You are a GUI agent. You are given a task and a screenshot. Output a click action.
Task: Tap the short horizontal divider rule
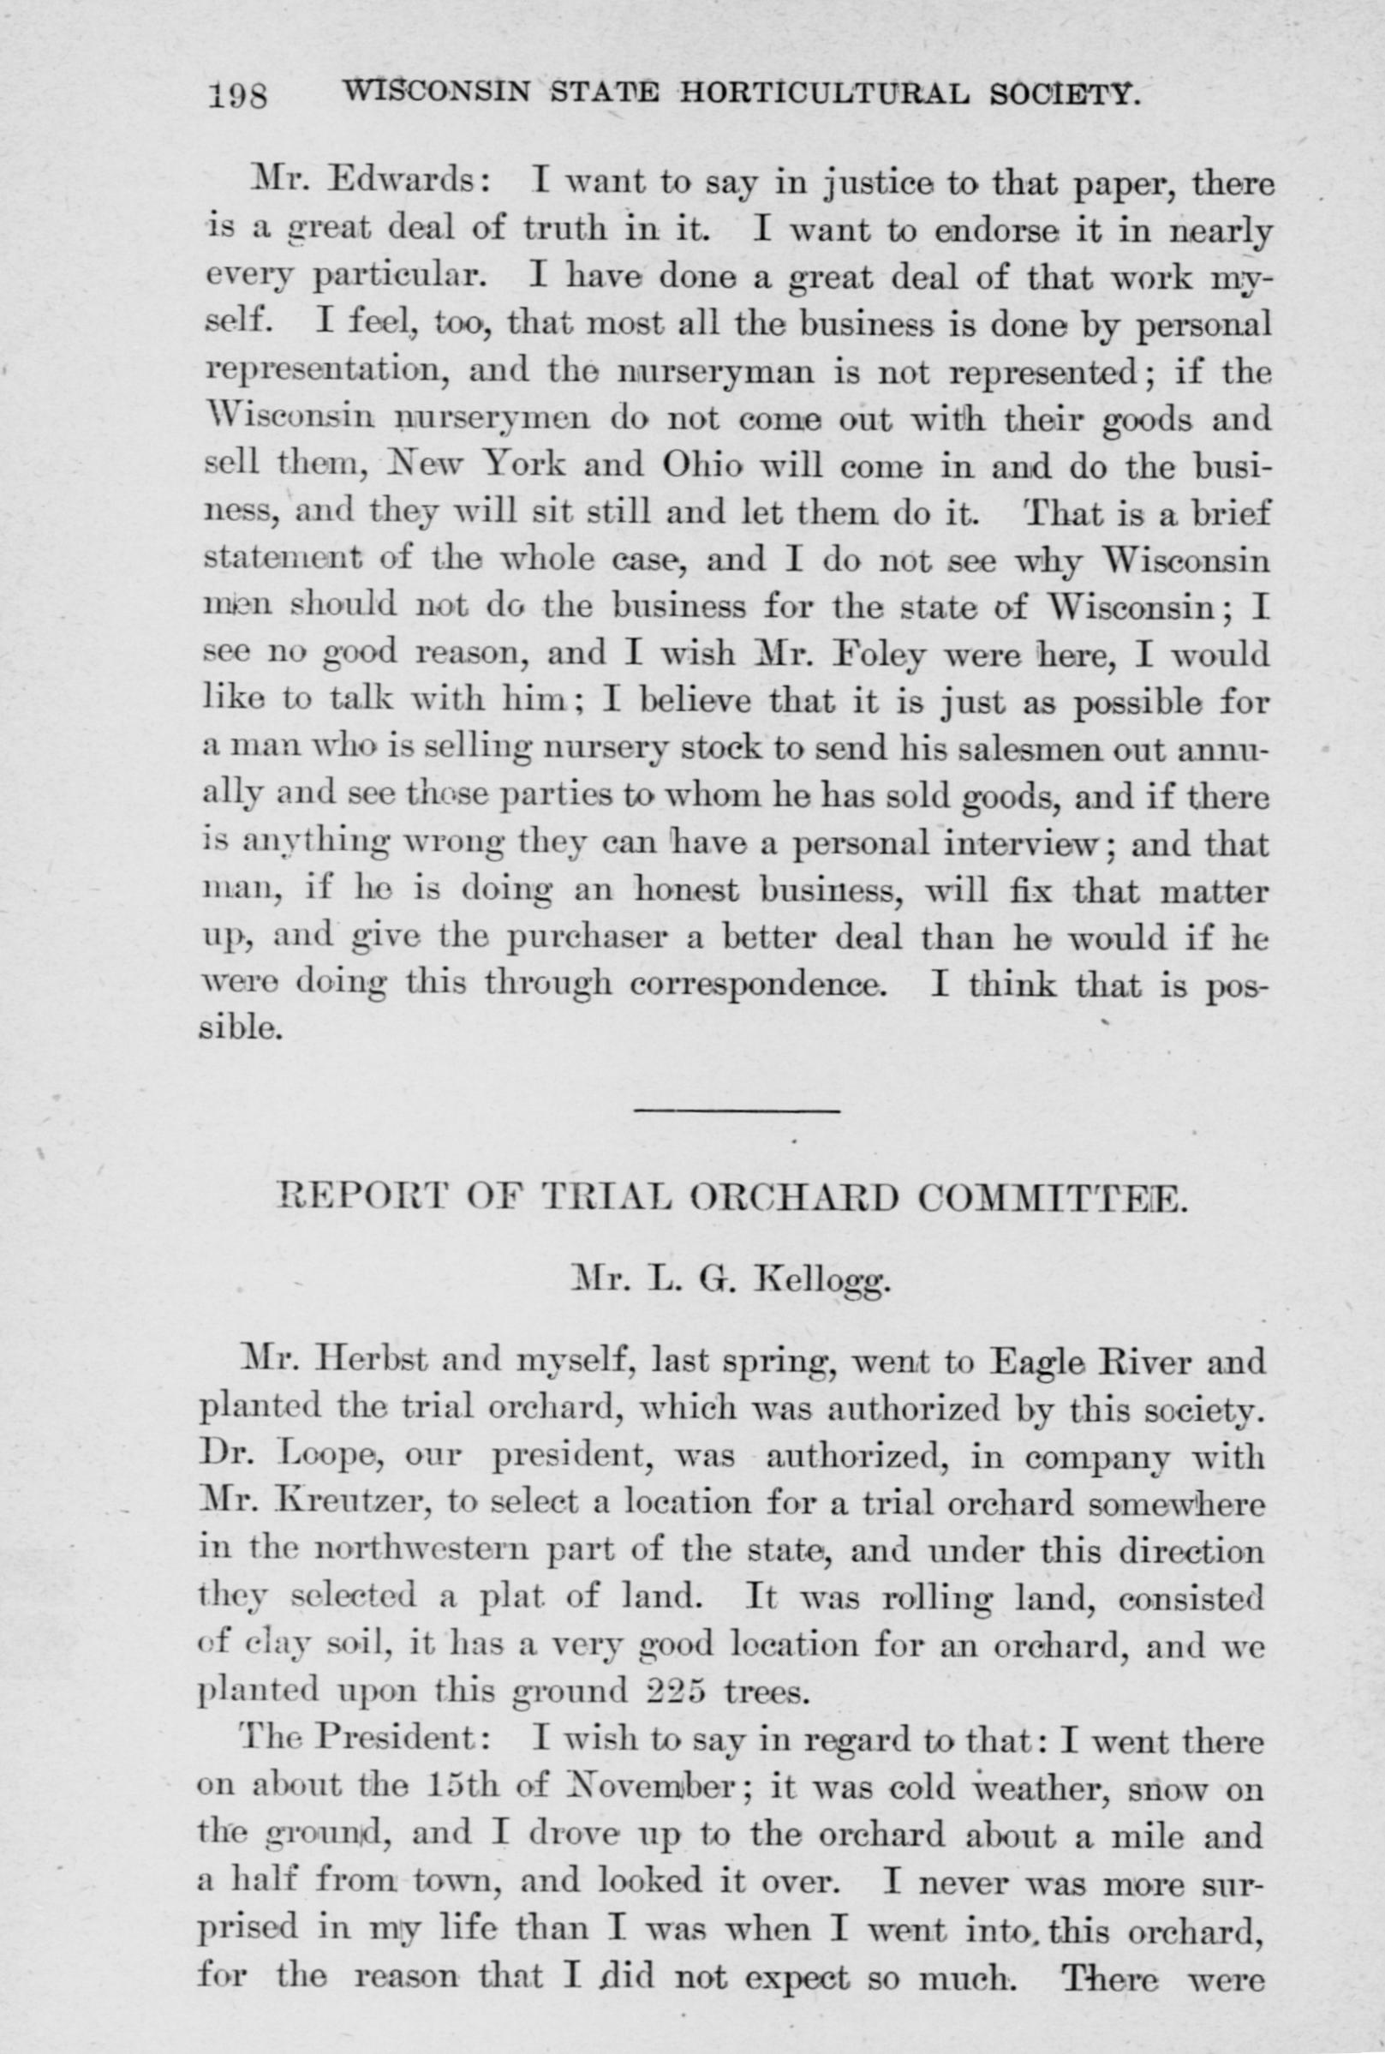point(737,1111)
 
